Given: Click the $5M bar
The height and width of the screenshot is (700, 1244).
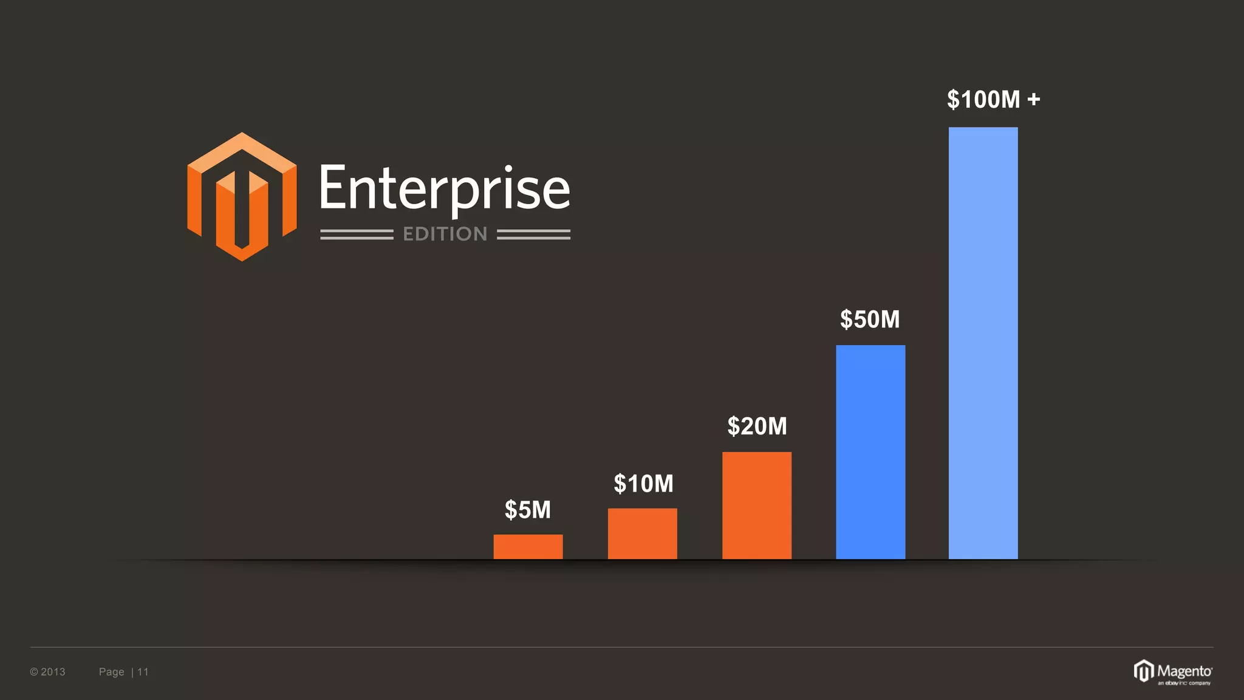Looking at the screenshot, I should click(x=528, y=547).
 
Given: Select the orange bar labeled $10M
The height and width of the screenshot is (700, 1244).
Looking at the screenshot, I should click(x=642, y=534).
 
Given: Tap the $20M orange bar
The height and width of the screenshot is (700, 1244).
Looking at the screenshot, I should click(x=757, y=505).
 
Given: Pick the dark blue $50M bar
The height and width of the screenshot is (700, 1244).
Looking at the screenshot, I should click(x=870, y=452).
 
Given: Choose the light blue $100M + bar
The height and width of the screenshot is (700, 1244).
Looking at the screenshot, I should click(x=983, y=343).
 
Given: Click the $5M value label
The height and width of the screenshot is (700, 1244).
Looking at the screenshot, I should click(x=528, y=510).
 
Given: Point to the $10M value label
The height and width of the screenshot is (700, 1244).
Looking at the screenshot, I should click(x=643, y=484).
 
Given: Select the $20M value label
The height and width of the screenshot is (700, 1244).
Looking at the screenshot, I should click(x=757, y=426).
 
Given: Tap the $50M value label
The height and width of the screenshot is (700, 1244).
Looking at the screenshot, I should click(x=870, y=319).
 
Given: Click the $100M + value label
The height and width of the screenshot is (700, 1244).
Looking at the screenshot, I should click(x=993, y=99).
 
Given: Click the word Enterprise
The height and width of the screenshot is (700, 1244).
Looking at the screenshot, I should click(x=445, y=188).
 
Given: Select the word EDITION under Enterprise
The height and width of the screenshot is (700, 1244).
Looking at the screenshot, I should click(x=445, y=234).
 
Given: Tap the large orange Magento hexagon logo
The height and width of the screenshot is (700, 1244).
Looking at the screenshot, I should click(x=242, y=196).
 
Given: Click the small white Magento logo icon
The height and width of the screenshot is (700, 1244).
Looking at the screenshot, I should click(x=1143, y=671).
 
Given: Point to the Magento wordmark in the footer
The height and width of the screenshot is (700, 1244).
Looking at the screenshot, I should click(x=1184, y=671).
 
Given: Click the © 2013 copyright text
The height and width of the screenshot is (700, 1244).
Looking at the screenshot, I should click(x=47, y=671).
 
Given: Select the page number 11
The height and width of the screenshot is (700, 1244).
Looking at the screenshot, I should click(x=143, y=671).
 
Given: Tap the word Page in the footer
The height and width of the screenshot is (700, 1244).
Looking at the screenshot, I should click(x=111, y=671).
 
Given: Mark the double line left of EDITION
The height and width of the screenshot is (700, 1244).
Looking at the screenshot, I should click(x=357, y=235).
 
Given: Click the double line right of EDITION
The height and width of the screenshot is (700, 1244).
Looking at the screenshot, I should click(x=533, y=235).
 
